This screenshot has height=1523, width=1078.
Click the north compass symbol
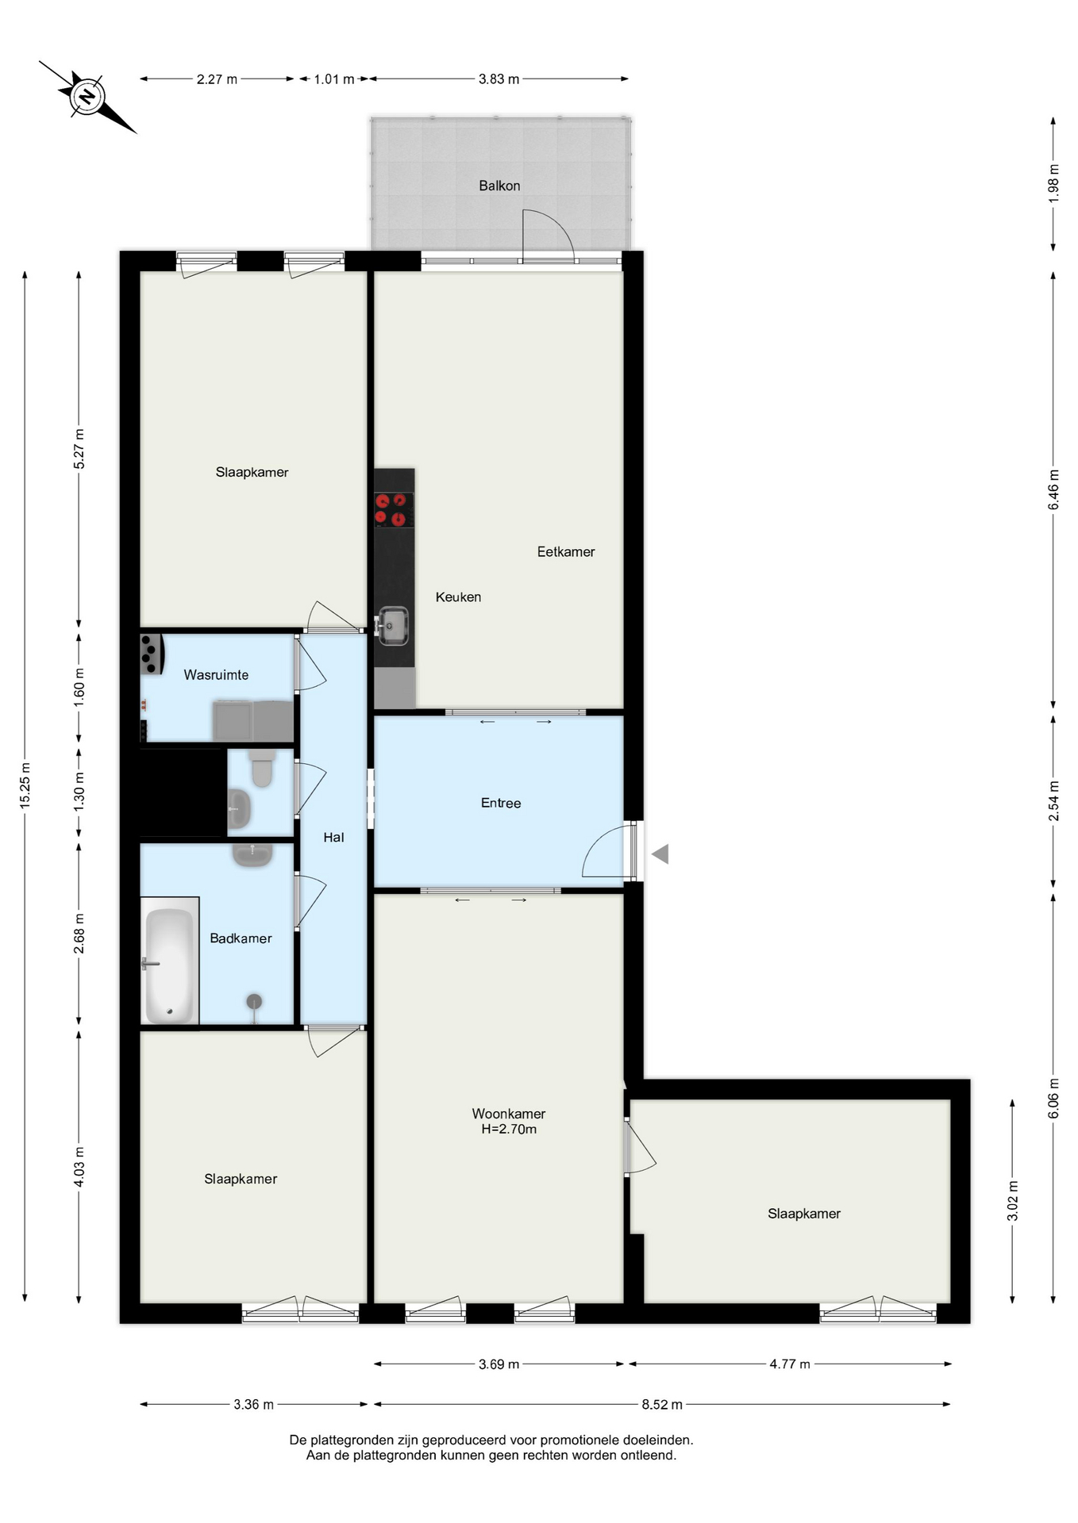(x=87, y=97)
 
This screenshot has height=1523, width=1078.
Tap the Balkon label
(x=499, y=186)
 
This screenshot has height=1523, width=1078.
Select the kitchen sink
(x=391, y=626)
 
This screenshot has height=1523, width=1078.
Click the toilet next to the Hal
(x=262, y=766)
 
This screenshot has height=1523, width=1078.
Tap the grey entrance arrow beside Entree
(x=660, y=854)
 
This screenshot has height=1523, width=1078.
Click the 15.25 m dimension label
(x=25, y=786)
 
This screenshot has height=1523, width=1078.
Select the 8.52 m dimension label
(x=662, y=1404)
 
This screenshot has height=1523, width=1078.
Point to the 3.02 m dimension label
(x=1012, y=1201)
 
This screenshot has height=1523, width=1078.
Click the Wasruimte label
(x=216, y=675)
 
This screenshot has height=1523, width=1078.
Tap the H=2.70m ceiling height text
(x=509, y=1130)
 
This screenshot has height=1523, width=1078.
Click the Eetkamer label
(x=566, y=552)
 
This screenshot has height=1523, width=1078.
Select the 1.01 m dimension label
(x=333, y=79)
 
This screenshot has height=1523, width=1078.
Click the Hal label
(x=333, y=837)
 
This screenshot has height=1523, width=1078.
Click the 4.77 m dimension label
(x=790, y=1364)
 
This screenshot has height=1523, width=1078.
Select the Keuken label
(x=458, y=597)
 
